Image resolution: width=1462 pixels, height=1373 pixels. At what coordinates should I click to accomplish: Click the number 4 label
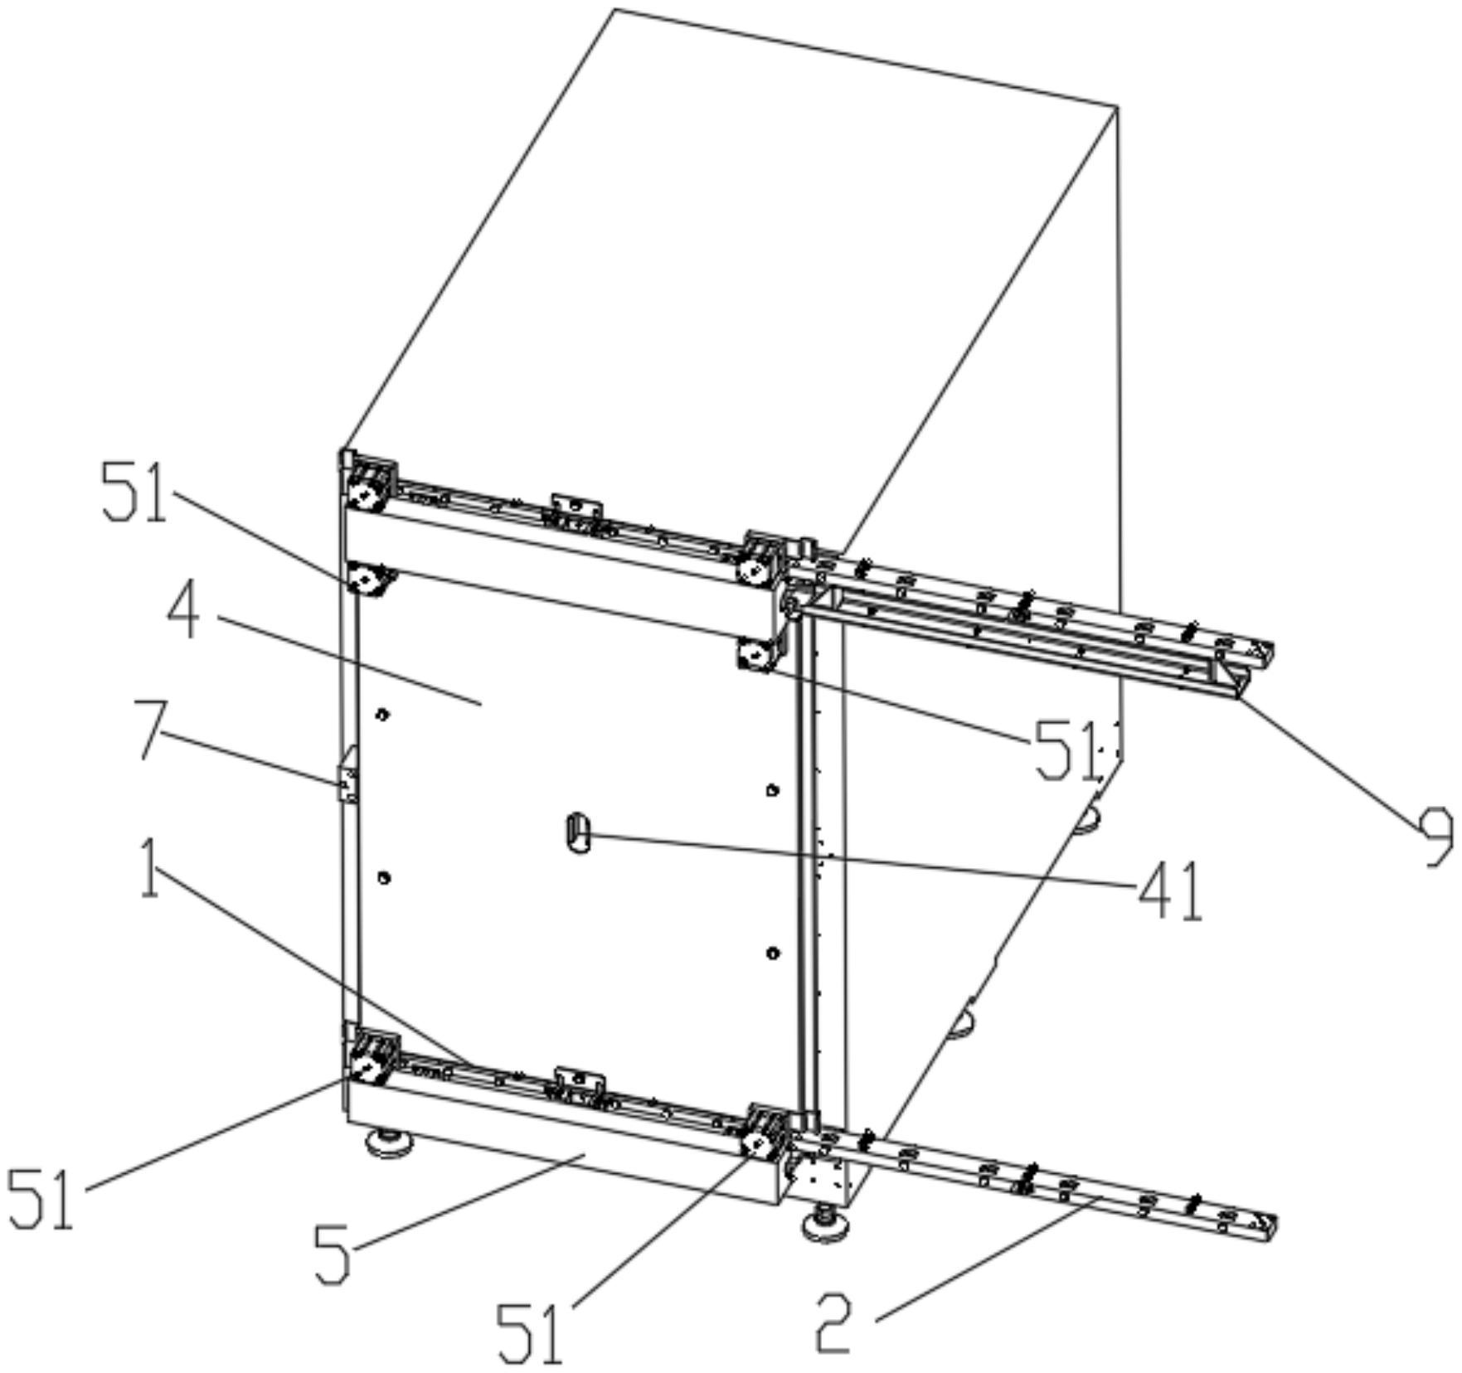(x=183, y=614)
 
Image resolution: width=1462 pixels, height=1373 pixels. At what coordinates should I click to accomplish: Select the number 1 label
(x=149, y=868)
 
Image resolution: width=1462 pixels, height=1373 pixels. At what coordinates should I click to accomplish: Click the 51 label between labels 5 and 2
(x=530, y=1334)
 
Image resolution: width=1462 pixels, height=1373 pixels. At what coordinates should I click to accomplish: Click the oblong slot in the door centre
(x=577, y=833)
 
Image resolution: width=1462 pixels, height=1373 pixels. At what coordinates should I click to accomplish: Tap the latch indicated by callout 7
(x=347, y=774)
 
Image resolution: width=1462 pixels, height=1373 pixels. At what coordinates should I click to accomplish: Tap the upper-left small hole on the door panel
(x=382, y=713)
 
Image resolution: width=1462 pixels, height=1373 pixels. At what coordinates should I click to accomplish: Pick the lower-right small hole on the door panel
(x=773, y=953)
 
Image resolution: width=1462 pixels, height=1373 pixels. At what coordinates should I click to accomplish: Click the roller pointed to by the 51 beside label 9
(x=755, y=656)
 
